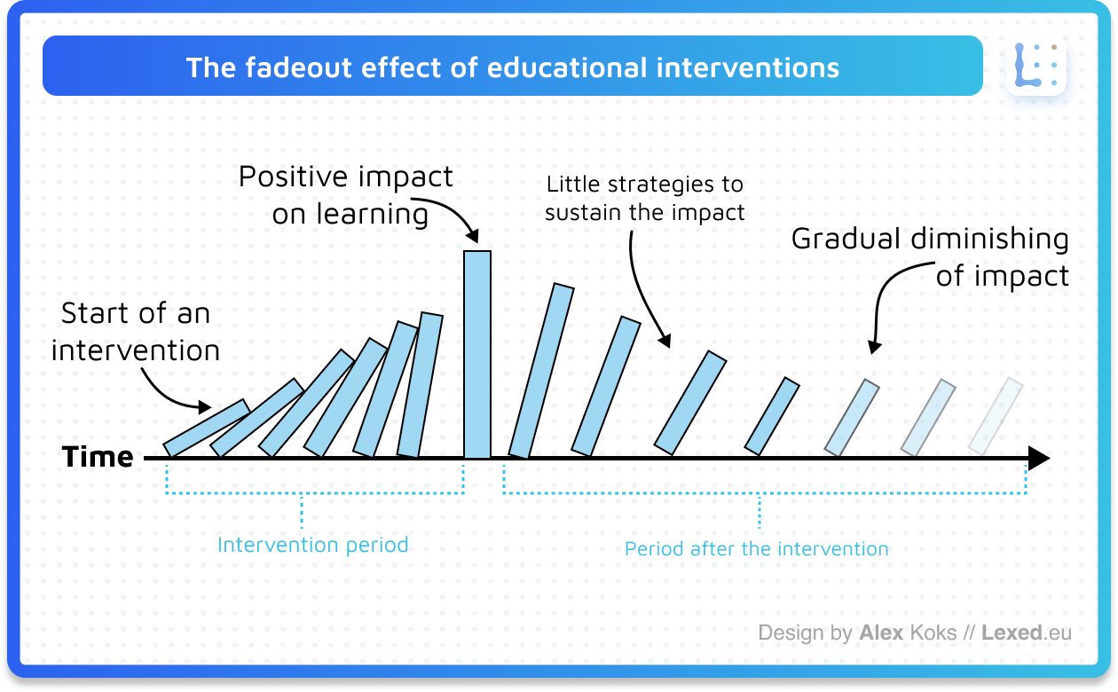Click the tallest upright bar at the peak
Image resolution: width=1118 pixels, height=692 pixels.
(x=477, y=355)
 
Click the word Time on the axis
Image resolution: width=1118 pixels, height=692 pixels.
(x=98, y=457)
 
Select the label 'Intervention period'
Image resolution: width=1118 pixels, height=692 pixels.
(x=313, y=544)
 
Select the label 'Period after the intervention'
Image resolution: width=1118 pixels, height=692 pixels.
(x=756, y=548)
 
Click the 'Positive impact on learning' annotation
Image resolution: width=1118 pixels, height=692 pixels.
(x=346, y=194)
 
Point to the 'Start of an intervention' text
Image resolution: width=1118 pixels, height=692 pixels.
(x=135, y=332)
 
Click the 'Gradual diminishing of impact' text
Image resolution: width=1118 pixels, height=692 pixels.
(x=930, y=257)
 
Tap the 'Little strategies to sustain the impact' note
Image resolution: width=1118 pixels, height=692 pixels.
(x=644, y=198)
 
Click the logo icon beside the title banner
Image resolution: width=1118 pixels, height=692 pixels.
(x=1035, y=66)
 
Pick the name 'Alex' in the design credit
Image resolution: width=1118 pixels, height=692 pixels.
(x=881, y=633)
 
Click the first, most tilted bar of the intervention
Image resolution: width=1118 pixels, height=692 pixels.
(x=206, y=428)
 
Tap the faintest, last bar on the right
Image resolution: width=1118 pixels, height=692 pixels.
(x=996, y=416)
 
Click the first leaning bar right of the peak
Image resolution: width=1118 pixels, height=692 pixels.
(x=541, y=371)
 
